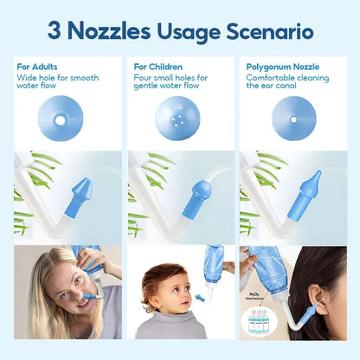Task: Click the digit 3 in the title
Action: [x=54, y=32]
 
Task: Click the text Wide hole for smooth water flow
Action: [x=57, y=82]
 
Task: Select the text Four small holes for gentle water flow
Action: [x=173, y=82]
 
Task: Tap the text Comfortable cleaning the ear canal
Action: [x=288, y=82]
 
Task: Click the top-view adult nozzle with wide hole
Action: [x=60, y=119]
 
